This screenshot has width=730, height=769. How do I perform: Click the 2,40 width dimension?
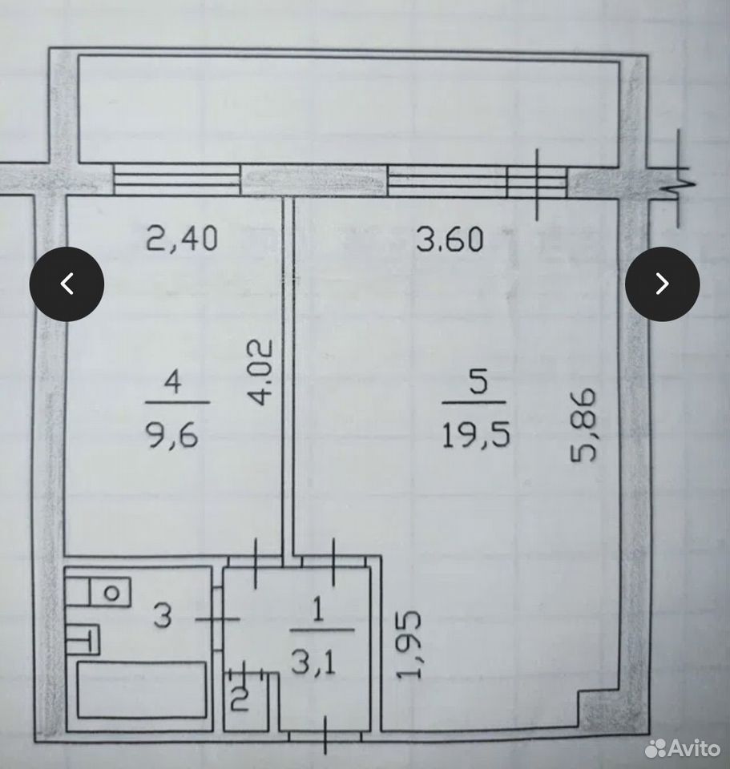click(x=182, y=239)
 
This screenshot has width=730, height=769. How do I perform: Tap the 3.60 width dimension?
click(x=450, y=240)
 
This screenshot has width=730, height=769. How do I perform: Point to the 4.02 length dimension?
click(x=258, y=372)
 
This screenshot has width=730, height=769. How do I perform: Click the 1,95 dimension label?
click(x=408, y=644)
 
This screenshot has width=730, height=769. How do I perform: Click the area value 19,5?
click(x=475, y=434)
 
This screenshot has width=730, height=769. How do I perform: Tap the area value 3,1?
click(x=313, y=663)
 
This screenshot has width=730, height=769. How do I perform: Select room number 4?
click(x=173, y=382)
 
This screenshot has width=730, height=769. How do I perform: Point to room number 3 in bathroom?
click(x=163, y=615)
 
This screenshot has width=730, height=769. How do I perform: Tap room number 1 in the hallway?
click(x=318, y=611)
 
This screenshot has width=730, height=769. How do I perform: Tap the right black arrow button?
click(x=663, y=284)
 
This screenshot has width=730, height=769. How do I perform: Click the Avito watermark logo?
click(x=683, y=748)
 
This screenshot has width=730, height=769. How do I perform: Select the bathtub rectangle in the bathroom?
click(x=141, y=690)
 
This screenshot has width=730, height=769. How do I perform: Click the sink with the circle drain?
click(x=110, y=593)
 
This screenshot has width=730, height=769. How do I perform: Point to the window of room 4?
click(x=177, y=179)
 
